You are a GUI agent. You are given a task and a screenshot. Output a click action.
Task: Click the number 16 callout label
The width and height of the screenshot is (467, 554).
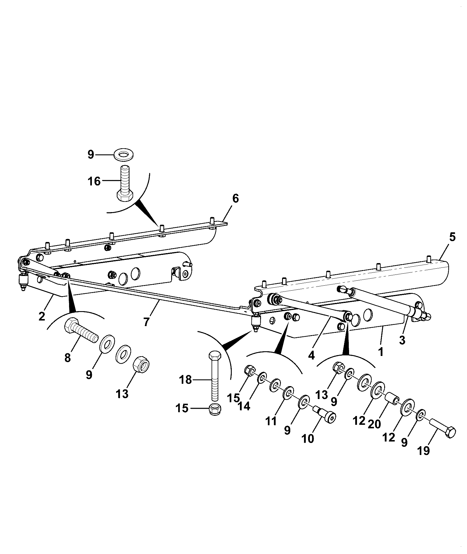click(x=94, y=181)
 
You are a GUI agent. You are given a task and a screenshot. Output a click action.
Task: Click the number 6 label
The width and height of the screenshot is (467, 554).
click(x=236, y=198)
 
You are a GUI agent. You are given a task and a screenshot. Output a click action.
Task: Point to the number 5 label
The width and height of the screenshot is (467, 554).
click(x=452, y=237)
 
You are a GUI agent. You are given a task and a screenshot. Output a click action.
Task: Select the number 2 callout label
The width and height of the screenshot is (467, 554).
click(x=42, y=316)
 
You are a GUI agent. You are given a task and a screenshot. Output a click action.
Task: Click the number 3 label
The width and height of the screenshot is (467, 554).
click(x=402, y=340)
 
